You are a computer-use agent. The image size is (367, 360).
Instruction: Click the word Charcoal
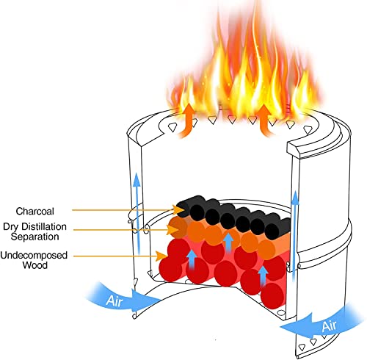tap(34, 212)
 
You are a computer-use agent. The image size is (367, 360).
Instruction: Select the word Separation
tap(34, 237)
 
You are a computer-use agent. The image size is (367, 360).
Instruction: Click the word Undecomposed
tap(34, 256)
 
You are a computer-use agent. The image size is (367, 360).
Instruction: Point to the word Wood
tap(35, 265)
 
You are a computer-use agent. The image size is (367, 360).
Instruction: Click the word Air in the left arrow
tap(114, 300)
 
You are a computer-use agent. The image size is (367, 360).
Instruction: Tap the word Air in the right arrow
tap(329, 326)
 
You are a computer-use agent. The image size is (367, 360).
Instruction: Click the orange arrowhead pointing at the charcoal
tap(178, 210)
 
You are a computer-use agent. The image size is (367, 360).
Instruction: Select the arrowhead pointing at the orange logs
tap(172, 230)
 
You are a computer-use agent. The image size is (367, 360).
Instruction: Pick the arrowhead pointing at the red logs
tap(161, 256)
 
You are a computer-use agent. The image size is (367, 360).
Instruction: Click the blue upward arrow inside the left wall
tap(137, 214)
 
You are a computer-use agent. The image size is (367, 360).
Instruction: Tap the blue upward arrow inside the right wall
tap(295, 235)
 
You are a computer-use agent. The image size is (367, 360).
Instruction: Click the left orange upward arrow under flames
tap(187, 120)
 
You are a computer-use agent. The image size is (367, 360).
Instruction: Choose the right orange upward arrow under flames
tap(264, 120)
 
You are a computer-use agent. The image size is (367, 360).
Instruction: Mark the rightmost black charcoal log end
tap(272, 231)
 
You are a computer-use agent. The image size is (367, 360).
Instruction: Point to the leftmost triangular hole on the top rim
tap(172, 127)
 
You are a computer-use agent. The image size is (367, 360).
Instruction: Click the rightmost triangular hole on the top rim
tap(308, 129)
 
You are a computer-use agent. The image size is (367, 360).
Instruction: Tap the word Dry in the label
tap(11, 227)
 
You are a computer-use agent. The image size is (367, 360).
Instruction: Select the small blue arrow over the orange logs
tap(229, 242)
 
